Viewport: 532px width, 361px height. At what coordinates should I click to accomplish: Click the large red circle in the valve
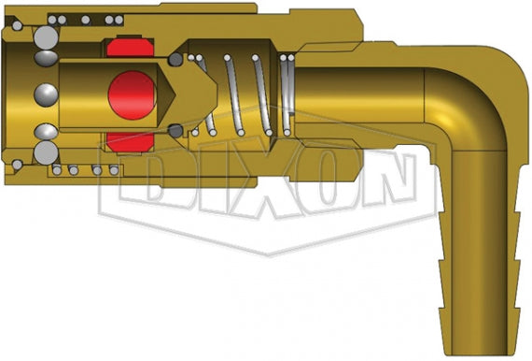[x=131, y=94]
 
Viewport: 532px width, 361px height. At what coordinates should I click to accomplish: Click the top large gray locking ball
[x=44, y=38]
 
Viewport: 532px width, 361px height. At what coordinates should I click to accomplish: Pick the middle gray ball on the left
[x=45, y=94]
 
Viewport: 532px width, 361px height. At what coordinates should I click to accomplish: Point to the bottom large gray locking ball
[x=44, y=152]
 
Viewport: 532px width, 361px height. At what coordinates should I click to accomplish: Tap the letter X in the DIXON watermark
[x=280, y=192]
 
